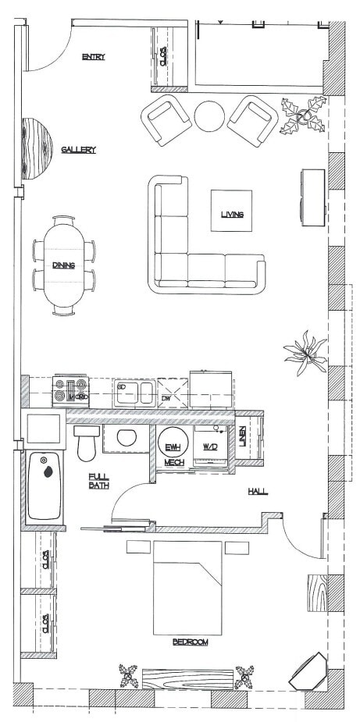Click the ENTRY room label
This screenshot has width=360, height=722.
click(93, 56)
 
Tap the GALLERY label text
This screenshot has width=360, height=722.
click(78, 150)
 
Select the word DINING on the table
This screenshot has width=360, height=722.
click(64, 265)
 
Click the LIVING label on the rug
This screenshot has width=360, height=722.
click(232, 214)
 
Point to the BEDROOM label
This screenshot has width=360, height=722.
click(190, 642)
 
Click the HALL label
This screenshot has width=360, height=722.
click(258, 491)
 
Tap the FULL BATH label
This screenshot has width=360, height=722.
click(98, 481)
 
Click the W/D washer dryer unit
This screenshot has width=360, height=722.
click(210, 447)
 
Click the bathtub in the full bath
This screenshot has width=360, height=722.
click(44, 488)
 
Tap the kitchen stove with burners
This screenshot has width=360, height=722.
click(70, 390)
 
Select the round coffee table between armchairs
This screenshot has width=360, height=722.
click(209, 117)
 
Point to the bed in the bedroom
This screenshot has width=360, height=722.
click(185, 582)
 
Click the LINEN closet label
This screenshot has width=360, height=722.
click(243, 437)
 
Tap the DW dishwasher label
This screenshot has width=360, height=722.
click(165, 399)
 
